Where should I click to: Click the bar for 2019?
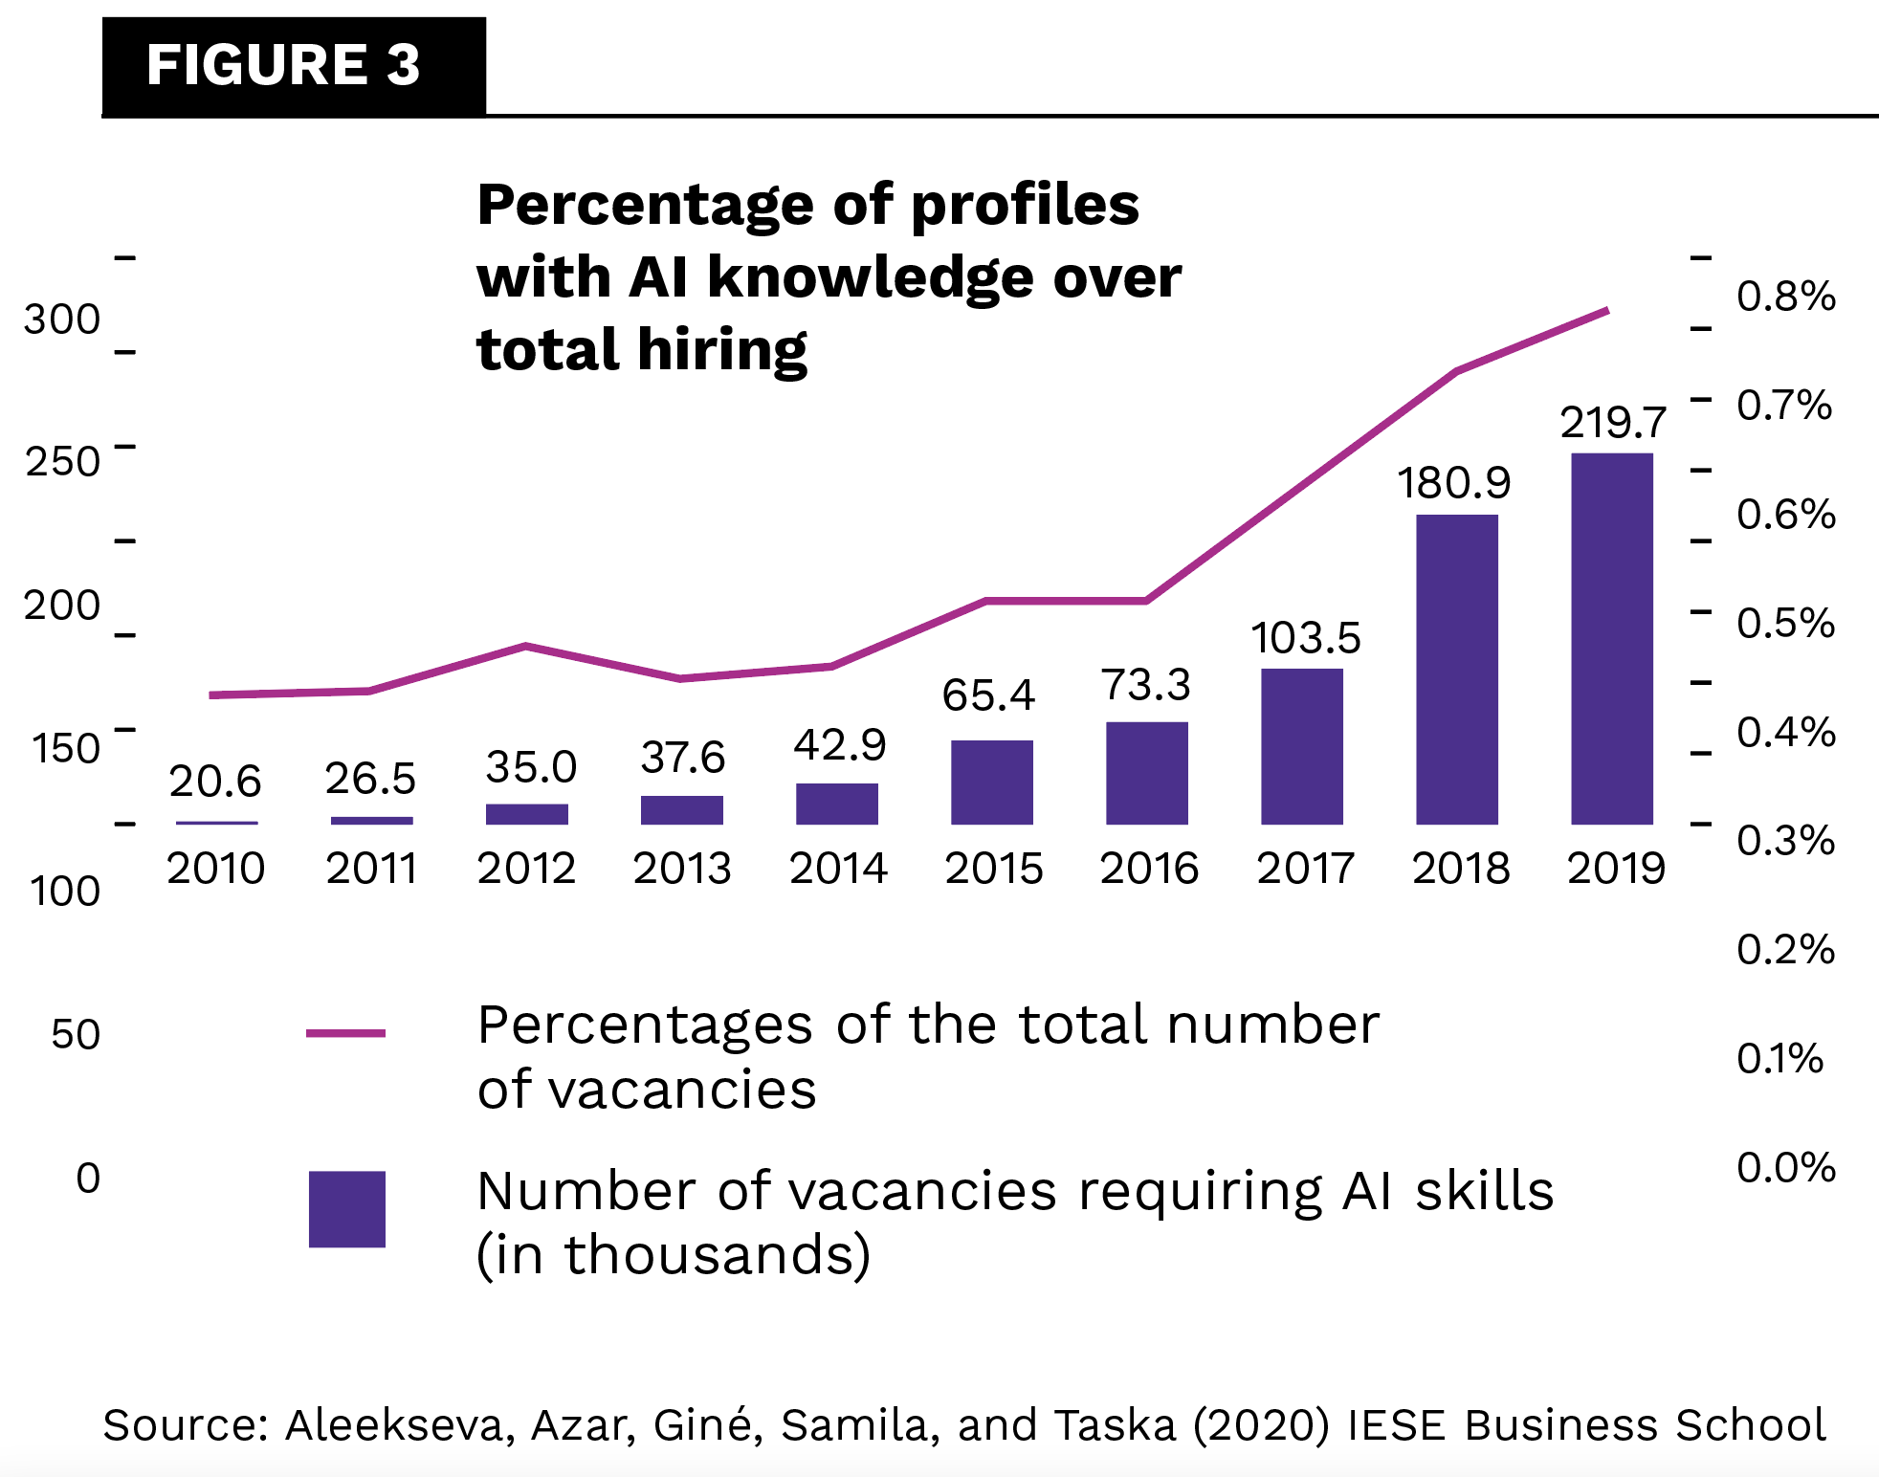[1612, 638]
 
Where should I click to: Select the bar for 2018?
[1457, 669]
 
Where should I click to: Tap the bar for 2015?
[992, 782]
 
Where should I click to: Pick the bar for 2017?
[1302, 746]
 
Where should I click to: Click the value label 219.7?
[1613, 422]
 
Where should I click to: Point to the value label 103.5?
[1306, 637]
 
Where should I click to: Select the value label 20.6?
[215, 782]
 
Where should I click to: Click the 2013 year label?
[682, 869]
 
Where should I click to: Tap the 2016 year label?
[1149, 869]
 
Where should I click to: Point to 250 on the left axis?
[62, 462]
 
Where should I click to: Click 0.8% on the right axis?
[1786, 297]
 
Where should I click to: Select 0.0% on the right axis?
[1786, 1167]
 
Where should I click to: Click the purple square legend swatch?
[346, 1209]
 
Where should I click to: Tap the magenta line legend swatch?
[345, 1033]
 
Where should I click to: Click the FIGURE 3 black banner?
[294, 66]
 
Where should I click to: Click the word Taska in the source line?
[1115, 1425]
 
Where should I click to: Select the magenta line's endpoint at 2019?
[1607, 310]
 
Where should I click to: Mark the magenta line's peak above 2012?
[526, 646]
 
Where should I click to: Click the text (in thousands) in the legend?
[674, 1255]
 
